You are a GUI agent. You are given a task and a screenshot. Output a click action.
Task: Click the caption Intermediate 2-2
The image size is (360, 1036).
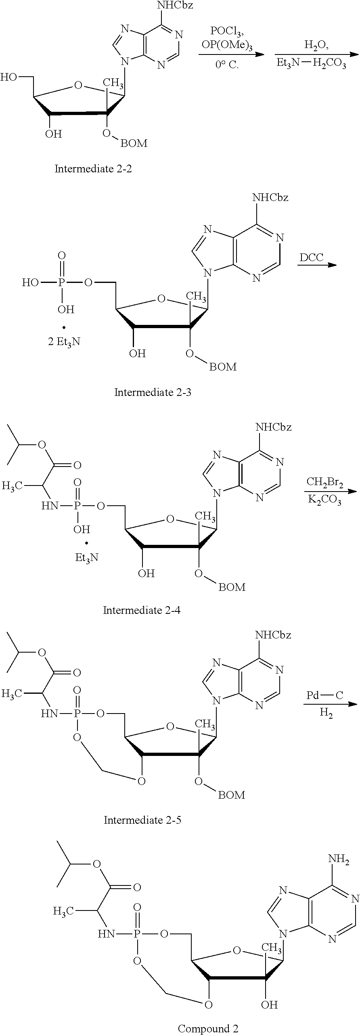(93, 169)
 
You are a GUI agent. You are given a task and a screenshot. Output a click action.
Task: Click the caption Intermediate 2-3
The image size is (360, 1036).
(153, 392)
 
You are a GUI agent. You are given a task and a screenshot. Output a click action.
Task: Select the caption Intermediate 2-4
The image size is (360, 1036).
(142, 610)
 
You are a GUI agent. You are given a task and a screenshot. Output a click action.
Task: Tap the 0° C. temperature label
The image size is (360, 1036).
(227, 64)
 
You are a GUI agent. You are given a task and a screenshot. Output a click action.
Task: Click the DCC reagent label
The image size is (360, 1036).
(312, 257)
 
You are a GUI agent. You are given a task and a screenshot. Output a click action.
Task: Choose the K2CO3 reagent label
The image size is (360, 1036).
(325, 500)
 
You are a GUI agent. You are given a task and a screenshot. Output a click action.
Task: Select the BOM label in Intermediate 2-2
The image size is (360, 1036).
(134, 143)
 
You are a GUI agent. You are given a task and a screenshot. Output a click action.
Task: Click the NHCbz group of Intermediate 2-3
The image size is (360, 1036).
(270, 198)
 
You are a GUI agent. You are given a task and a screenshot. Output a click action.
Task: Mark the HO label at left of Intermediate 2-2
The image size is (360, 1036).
(9, 77)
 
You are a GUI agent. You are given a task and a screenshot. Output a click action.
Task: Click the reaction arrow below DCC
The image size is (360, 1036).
(317, 265)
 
